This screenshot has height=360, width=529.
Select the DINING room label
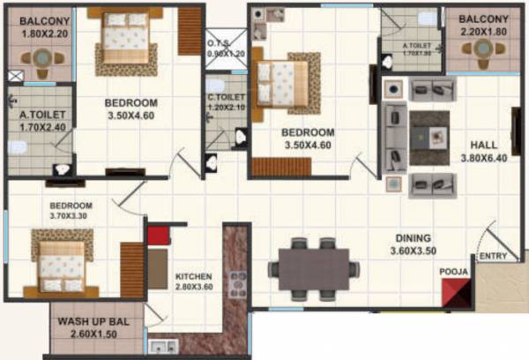[413, 238]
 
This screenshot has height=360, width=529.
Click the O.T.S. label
[218, 43]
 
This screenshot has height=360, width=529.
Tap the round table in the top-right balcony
[484, 53]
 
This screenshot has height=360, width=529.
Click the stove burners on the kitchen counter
[236, 284]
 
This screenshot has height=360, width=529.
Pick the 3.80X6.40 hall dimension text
[483, 161]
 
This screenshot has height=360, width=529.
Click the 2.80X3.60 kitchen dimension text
[195, 288]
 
